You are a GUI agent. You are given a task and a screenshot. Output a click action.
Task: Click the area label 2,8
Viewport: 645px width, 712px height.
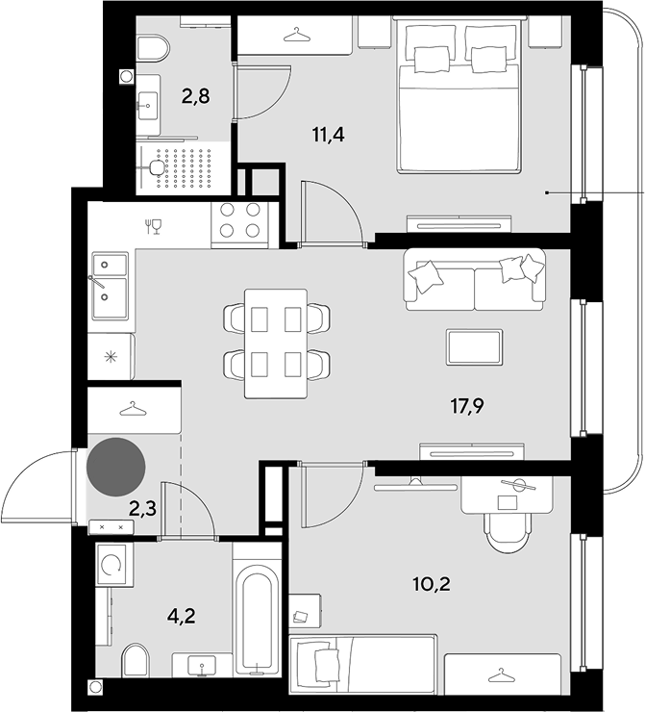tap(195, 97)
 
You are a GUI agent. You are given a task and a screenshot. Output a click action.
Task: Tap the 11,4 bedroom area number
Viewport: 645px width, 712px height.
tap(329, 135)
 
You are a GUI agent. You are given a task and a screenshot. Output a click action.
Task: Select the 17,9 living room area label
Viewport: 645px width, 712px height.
tap(467, 406)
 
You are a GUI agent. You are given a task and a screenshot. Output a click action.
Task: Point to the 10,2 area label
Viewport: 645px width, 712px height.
tap(432, 584)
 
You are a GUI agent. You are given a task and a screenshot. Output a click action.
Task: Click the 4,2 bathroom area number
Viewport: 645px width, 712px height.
tap(182, 616)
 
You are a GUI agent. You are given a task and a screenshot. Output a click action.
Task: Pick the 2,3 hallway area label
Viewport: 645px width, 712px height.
tap(143, 509)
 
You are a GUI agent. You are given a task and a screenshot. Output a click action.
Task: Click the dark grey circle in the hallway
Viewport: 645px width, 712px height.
tap(115, 467)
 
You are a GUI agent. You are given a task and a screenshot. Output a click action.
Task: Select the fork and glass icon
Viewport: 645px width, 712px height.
tap(154, 226)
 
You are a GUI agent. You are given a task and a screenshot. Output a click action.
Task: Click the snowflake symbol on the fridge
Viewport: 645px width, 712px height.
tap(111, 357)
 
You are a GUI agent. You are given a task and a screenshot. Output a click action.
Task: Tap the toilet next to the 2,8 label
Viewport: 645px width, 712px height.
tap(153, 49)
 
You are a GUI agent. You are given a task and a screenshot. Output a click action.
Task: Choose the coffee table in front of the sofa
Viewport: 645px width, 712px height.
tap(474, 347)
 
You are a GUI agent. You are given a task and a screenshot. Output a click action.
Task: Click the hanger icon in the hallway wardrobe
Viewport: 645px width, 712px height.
tap(133, 409)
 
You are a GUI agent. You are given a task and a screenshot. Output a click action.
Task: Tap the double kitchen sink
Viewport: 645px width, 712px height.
tap(111, 286)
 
